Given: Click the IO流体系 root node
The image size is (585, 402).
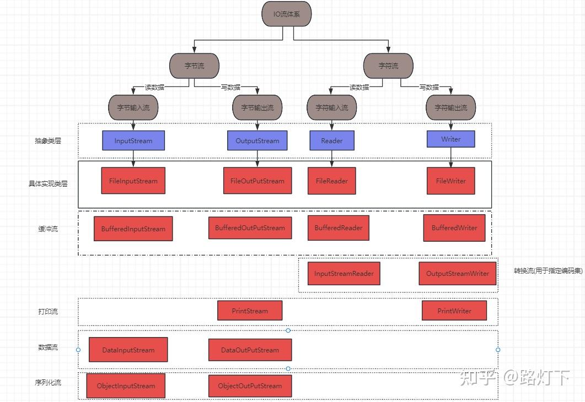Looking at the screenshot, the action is (286, 14).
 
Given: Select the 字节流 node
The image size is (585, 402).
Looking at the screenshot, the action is (194, 66).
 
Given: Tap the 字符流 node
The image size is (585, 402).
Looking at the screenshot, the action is (388, 66).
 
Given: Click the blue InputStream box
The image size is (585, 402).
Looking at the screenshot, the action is (133, 140).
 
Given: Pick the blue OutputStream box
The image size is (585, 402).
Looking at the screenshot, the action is (257, 140).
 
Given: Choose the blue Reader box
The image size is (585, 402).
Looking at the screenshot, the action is (332, 140).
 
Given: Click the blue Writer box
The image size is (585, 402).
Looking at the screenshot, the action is (450, 139).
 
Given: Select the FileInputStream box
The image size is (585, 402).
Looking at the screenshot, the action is (133, 181).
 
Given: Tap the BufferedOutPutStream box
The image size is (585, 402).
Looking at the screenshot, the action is (250, 228).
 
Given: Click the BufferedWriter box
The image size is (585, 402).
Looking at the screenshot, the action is (454, 228).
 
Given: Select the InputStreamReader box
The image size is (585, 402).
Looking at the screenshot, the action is (344, 273).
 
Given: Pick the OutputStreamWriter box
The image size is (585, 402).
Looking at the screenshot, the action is (458, 273).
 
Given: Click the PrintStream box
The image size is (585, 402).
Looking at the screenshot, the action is (250, 311).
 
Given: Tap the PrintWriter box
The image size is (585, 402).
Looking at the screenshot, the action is (454, 311).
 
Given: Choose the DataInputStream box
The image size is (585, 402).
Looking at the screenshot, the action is (128, 350).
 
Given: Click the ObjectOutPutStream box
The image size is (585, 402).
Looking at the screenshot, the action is (250, 385).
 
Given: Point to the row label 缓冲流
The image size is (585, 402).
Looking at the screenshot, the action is (48, 229).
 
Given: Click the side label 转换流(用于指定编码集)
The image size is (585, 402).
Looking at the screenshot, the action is (548, 271).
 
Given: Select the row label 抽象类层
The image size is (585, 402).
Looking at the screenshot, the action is (48, 141).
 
